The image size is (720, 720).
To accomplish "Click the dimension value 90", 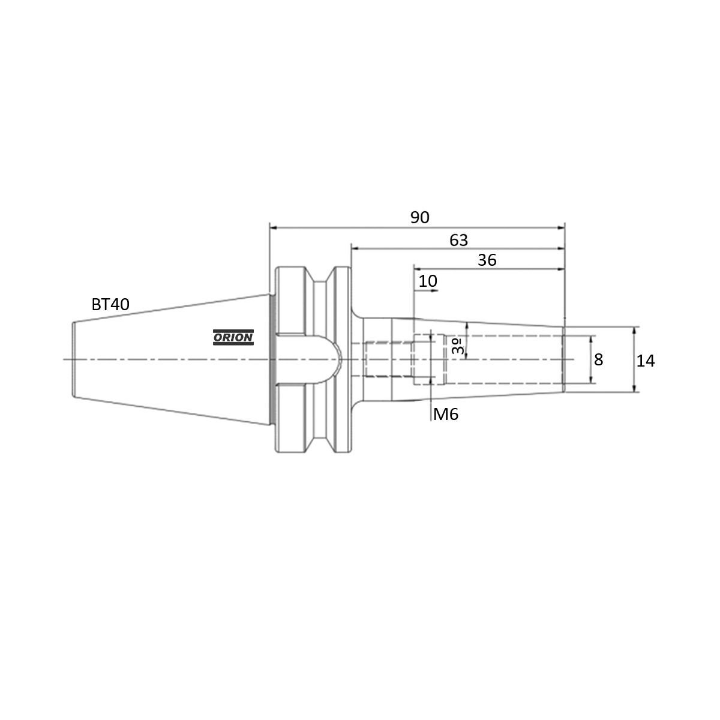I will [420, 217].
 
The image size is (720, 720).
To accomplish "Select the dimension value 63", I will [458, 240].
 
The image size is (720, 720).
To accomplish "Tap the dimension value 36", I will [487, 260].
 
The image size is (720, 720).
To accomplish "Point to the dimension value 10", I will [428, 281].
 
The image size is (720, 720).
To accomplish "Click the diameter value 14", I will [646, 361].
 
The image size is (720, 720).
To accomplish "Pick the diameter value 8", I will [598, 360].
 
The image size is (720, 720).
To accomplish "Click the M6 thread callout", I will [446, 414].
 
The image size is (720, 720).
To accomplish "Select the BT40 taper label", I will [110, 304].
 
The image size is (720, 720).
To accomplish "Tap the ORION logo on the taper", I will [233, 338].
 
